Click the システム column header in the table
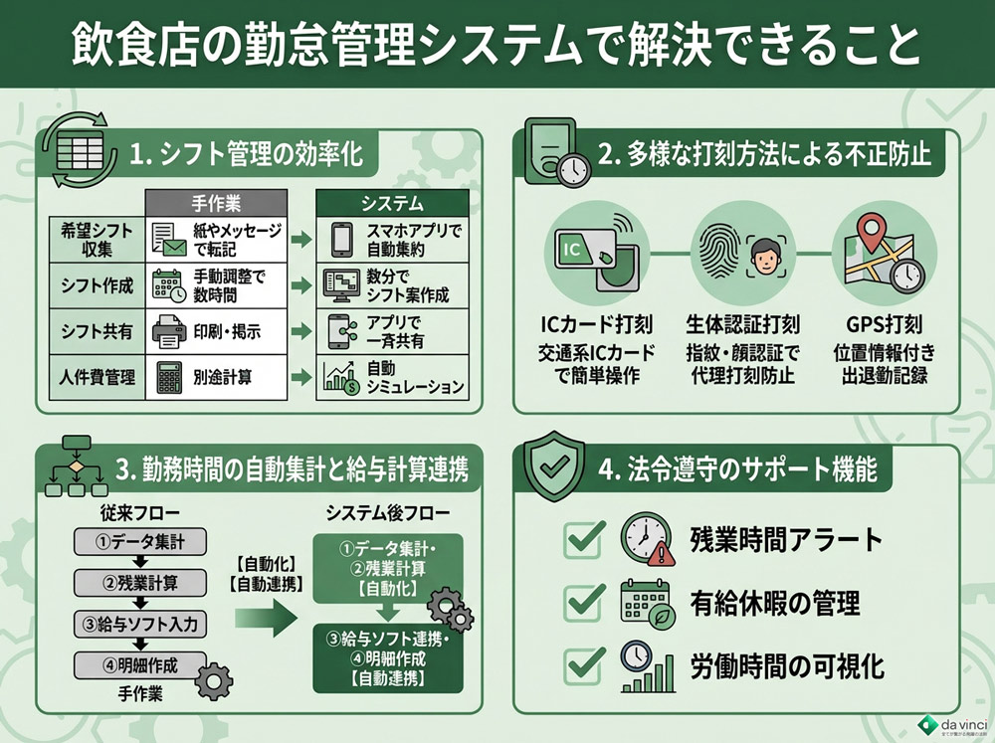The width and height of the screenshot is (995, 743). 391,202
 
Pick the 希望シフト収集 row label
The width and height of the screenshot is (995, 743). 92,237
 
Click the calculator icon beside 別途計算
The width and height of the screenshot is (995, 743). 168,377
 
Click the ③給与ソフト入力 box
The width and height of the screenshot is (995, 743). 139,624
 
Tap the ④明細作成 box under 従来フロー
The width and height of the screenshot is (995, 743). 139,663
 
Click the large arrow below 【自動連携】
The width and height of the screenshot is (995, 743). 266,619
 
